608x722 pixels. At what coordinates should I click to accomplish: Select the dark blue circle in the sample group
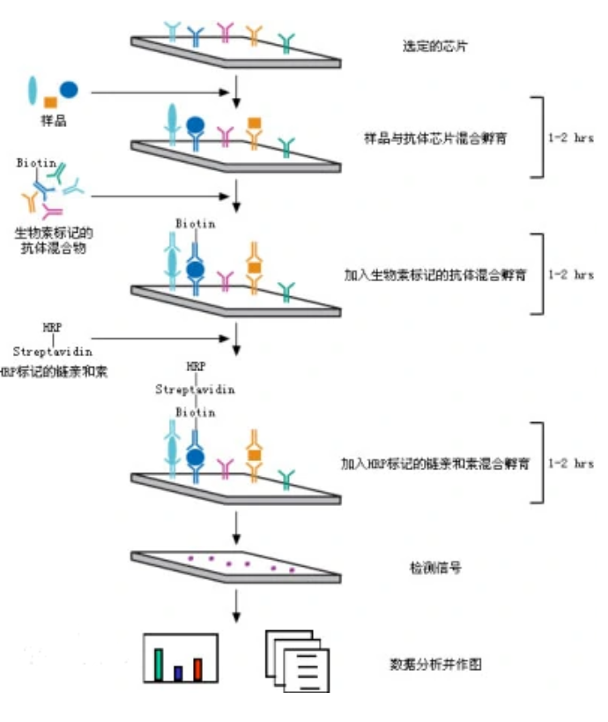pyautogui.click(x=68, y=89)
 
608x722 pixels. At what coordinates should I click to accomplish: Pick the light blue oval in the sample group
pyautogui.click(x=33, y=90)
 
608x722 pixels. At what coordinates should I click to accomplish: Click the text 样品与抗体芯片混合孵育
pyautogui.click(x=434, y=138)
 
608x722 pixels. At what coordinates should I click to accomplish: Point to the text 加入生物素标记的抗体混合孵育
pyautogui.click(x=435, y=274)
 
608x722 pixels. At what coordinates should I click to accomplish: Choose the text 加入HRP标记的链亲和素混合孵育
pyautogui.click(x=435, y=462)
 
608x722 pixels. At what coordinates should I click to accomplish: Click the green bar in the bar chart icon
pyautogui.click(x=159, y=666)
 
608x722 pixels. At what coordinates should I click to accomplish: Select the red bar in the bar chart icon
pyautogui.click(x=198, y=670)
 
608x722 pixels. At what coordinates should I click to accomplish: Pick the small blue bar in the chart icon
pyautogui.click(x=178, y=674)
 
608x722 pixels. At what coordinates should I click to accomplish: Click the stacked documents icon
pyautogui.click(x=297, y=661)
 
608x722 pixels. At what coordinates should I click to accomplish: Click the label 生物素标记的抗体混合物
pyautogui.click(x=53, y=241)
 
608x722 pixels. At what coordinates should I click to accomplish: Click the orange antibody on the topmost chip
pyautogui.click(x=254, y=35)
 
